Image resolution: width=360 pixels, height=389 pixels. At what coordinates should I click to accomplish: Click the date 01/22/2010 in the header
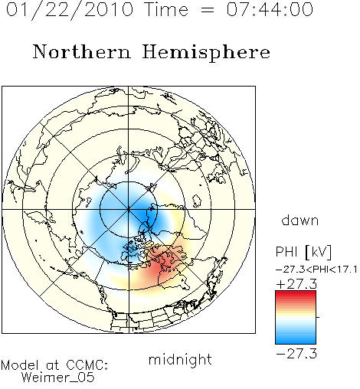[x=70, y=10]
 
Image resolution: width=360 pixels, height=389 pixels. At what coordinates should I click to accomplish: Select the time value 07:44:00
[x=270, y=9]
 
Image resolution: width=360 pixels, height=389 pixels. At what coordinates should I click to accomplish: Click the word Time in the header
[x=166, y=9]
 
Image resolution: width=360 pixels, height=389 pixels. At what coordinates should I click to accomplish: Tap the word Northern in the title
[x=82, y=51]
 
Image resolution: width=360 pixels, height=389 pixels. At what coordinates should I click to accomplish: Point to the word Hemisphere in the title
[x=206, y=53]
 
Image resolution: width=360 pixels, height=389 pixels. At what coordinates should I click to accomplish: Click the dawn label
[x=300, y=220]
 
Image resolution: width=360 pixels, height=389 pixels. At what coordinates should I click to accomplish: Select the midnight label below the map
[x=180, y=360]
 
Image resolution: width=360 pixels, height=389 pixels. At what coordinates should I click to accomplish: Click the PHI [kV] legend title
[x=303, y=252]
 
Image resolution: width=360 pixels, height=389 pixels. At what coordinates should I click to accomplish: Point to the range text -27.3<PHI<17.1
[x=316, y=270]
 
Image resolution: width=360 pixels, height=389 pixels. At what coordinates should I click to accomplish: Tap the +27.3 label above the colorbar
[x=296, y=284]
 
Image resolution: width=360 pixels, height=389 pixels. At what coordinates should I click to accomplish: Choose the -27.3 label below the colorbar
[x=296, y=354]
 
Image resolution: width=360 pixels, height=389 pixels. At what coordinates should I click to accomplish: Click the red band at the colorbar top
[x=296, y=294]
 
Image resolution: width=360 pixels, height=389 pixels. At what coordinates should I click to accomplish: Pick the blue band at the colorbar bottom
[x=296, y=341]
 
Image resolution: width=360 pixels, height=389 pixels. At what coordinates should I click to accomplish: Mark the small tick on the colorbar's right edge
[x=318, y=317]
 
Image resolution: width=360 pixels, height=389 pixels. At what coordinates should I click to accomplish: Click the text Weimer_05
[x=58, y=377]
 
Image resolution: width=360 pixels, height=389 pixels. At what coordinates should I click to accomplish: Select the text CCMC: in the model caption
[x=87, y=365]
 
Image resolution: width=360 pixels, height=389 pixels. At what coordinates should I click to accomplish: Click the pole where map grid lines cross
[x=129, y=210]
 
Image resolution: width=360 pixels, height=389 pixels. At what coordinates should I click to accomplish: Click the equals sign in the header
[x=208, y=10]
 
